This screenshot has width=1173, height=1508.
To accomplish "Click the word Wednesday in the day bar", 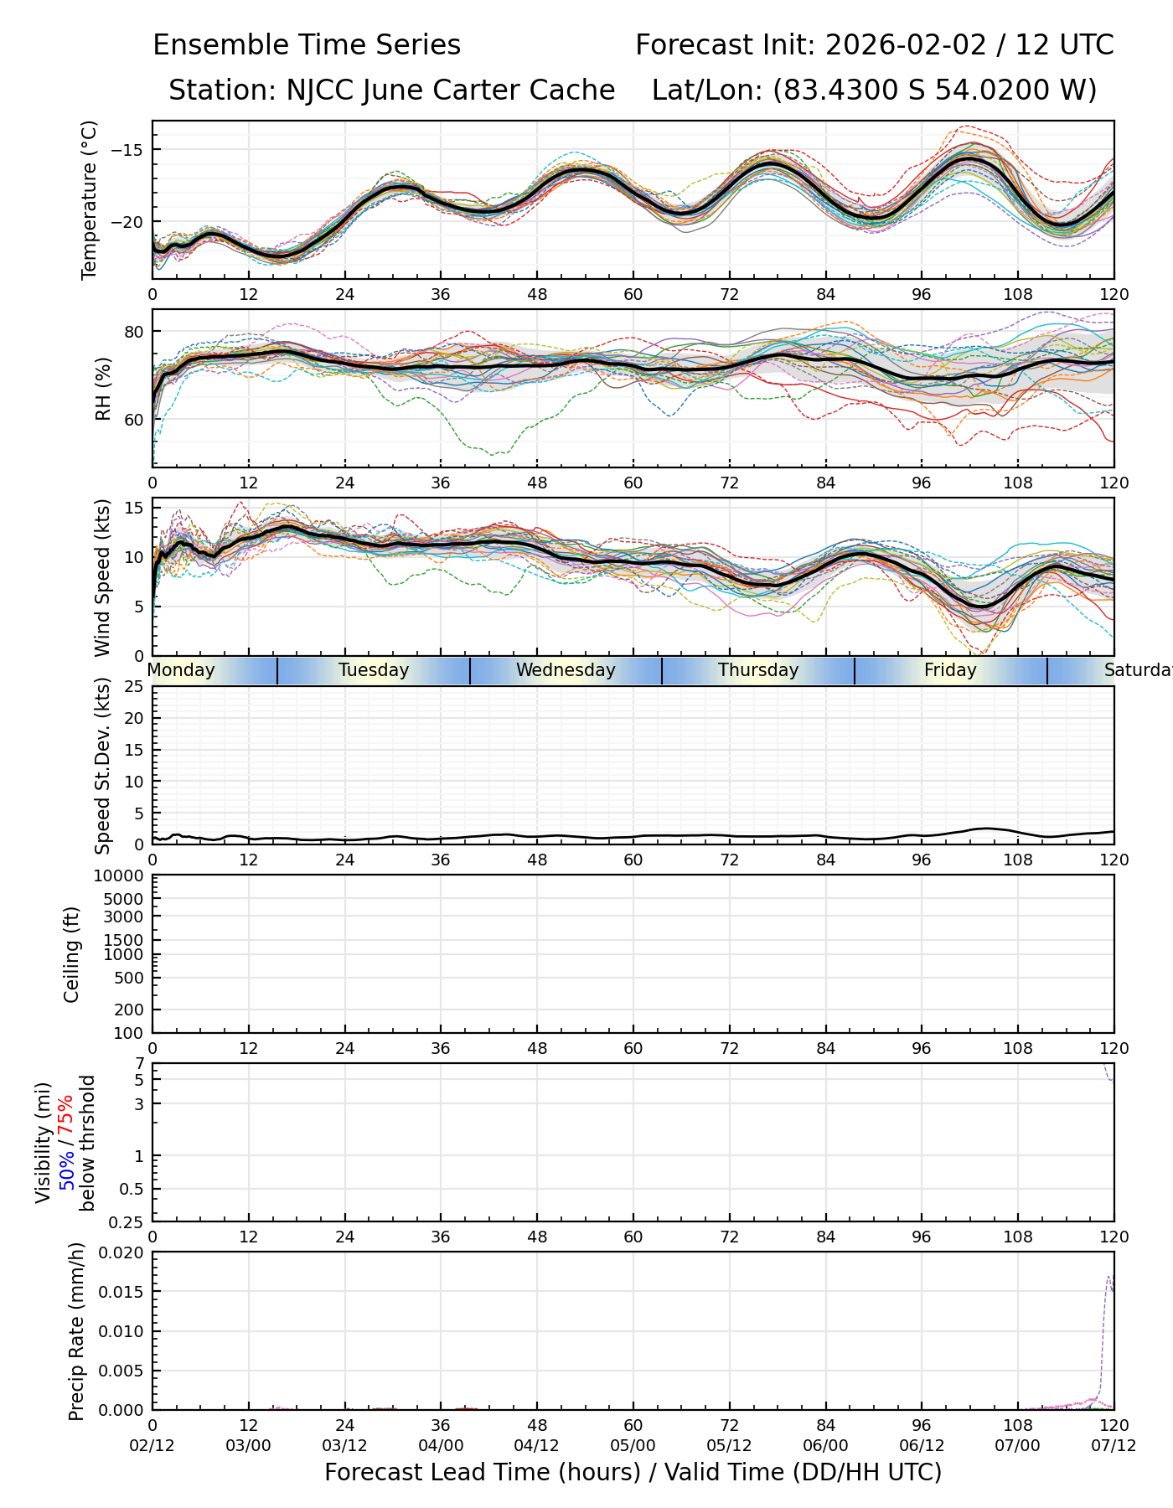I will tap(566, 670).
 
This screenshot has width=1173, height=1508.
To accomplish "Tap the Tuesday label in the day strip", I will tap(374, 670).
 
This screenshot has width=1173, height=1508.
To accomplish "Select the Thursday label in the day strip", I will tap(758, 670).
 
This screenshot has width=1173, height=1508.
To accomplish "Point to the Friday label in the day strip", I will tap(950, 670).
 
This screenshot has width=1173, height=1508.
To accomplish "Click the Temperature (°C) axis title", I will tap(90, 199).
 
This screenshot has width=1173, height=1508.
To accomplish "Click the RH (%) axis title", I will tap(103, 388).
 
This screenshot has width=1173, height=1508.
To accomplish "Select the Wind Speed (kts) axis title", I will tap(102, 577).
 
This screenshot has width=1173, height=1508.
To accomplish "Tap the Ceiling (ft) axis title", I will tap(72, 954).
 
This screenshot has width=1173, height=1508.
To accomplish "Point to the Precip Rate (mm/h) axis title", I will tap(77, 1331).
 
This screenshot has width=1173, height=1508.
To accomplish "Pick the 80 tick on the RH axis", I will tap(134, 332).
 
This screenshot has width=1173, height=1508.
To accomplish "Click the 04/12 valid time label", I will tap(537, 1445).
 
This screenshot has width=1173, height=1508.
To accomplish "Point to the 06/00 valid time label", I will tap(825, 1445).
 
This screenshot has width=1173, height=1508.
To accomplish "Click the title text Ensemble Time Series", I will tap(307, 45).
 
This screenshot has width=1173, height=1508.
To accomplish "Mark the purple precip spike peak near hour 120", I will tap(1108, 1276).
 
